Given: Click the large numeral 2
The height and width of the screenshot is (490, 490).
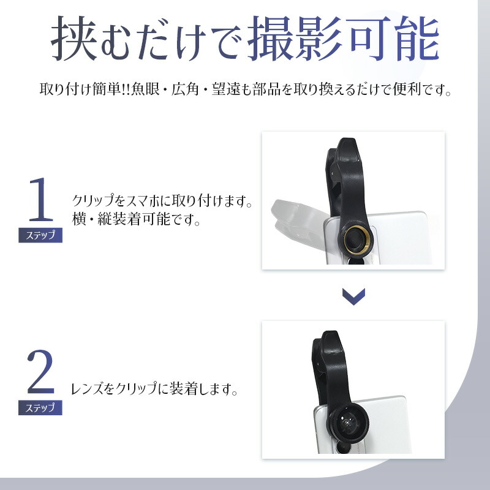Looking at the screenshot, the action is point(40,372).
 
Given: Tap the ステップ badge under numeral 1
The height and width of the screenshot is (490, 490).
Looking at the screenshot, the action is point(40,235).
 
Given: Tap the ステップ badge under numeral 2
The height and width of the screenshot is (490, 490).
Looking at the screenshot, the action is point(40,408).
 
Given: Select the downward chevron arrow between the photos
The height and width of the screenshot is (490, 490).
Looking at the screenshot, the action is point(353,296).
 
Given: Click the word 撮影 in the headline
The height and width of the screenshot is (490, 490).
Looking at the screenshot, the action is point(295,38).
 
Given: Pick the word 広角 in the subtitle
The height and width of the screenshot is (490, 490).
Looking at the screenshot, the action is point(185,89).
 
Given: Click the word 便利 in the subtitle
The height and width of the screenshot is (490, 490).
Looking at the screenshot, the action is point(407,89).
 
